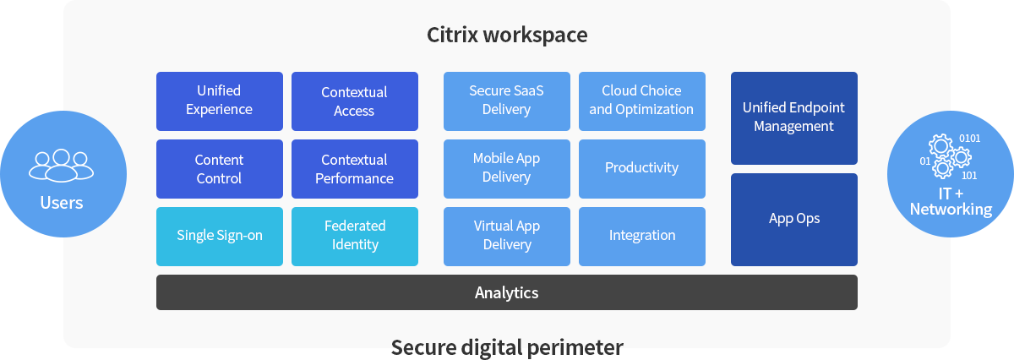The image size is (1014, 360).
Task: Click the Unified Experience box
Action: pos(219,101)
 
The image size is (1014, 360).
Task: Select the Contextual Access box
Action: pos(354,101)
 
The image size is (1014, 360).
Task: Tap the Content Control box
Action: pos(219,169)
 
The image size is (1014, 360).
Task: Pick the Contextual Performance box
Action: pos(354,169)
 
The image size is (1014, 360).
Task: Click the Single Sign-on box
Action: pos(219,236)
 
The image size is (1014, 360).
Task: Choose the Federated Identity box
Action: pos(354,236)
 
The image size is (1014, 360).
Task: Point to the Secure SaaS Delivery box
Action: pos(506,101)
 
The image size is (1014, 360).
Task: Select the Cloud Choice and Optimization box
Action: pos(641,101)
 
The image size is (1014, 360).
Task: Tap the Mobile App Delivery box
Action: pos(506,168)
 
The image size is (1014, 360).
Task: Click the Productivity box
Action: pos(641,168)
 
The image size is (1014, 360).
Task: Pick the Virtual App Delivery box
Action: pos(506,236)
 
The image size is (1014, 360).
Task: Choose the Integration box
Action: pos(641,236)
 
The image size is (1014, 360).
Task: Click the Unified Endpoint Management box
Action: pos(793,117)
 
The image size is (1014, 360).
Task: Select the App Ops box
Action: pos(793,219)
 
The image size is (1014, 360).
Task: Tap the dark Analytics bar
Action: pos(506,292)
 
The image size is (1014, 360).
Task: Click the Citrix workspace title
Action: pos(506,35)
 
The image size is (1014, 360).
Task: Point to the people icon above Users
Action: pos(61,165)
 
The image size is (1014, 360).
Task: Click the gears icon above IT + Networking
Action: pos(950,156)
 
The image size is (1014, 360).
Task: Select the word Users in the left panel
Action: pos(61,203)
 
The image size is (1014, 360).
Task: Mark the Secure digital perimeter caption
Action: pos(506,347)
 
